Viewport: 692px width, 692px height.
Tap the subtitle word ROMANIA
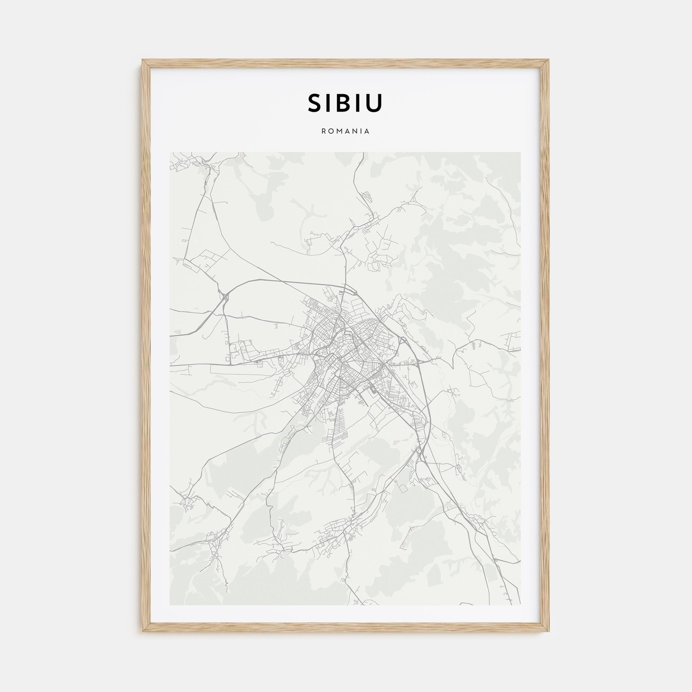pyautogui.click(x=345, y=131)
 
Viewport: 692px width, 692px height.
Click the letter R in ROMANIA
pyautogui.click(x=324, y=131)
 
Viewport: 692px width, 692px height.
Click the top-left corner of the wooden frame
pyautogui.click(x=143, y=60)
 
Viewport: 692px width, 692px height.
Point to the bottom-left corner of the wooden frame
pyautogui.click(x=143, y=631)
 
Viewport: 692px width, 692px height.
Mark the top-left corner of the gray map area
pyautogui.click(x=170, y=152)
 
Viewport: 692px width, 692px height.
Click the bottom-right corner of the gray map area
pyautogui.click(x=520, y=605)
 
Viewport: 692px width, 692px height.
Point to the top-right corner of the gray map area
pyautogui.click(x=520, y=152)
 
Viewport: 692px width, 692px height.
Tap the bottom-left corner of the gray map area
pyautogui.click(x=170, y=605)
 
